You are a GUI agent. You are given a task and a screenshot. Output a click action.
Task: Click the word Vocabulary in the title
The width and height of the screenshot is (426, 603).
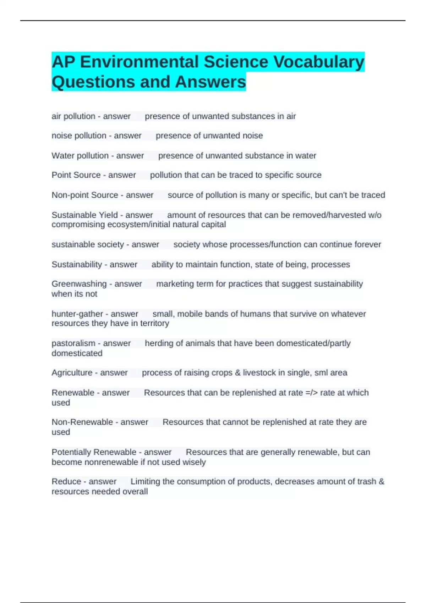(318, 62)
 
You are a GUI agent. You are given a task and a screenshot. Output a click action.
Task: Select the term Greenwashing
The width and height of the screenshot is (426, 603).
(79, 284)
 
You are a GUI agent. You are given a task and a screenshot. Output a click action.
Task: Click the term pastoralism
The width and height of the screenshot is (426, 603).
(73, 343)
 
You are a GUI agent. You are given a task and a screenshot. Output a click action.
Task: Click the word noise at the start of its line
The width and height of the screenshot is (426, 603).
(61, 136)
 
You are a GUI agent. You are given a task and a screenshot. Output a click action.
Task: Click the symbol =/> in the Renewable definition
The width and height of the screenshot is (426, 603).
(312, 393)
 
